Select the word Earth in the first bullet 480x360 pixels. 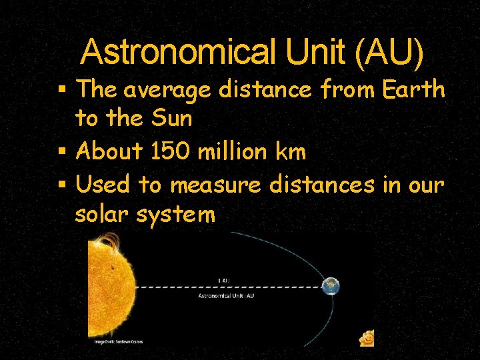tap(415, 89)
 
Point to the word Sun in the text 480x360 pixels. tap(172, 119)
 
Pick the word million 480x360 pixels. tap(237, 152)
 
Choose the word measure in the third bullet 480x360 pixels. tap(216, 185)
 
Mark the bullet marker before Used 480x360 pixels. tap(62, 185)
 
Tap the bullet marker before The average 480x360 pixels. tap(62, 89)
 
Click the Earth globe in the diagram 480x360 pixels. tap(329, 286)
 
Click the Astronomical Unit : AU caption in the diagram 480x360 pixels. tap(226, 295)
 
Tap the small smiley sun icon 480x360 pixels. tap(366, 339)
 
